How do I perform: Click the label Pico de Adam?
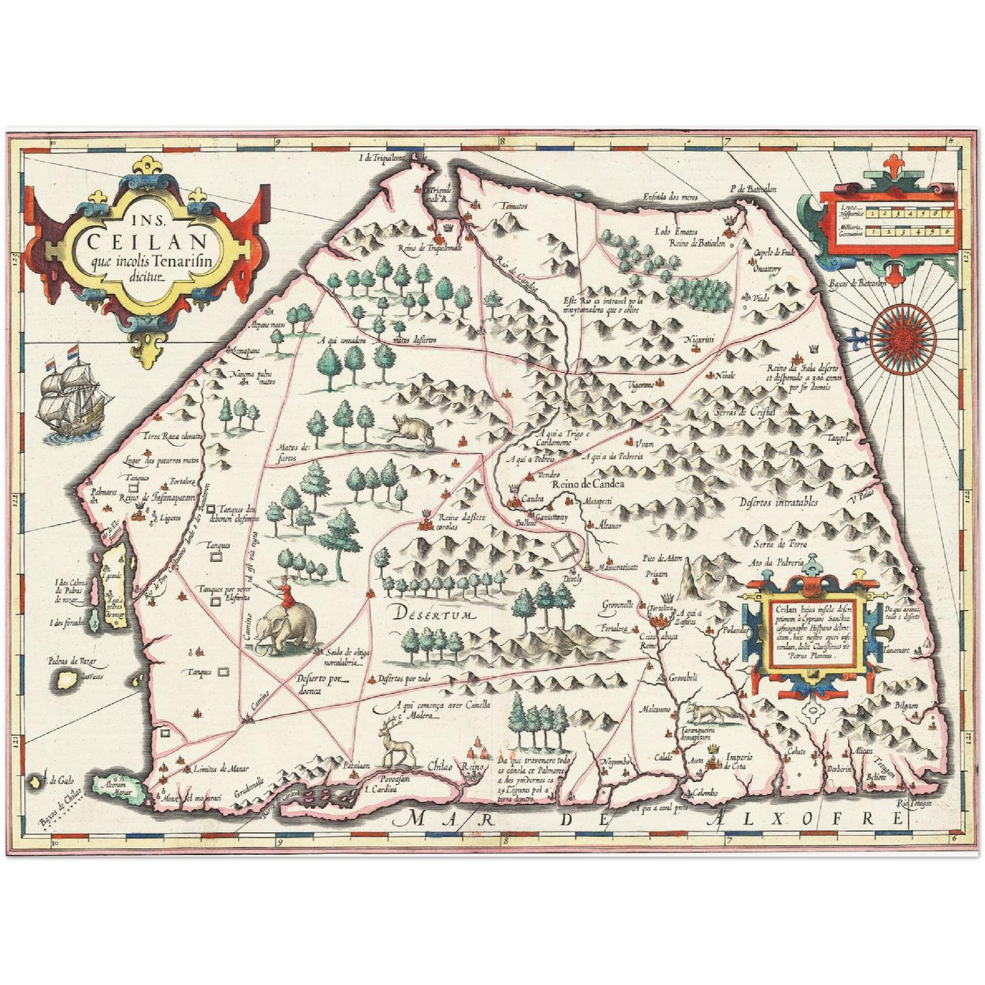pos(664,558)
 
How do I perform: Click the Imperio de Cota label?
pos(738,761)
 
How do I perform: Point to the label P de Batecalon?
pos(752,189)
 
